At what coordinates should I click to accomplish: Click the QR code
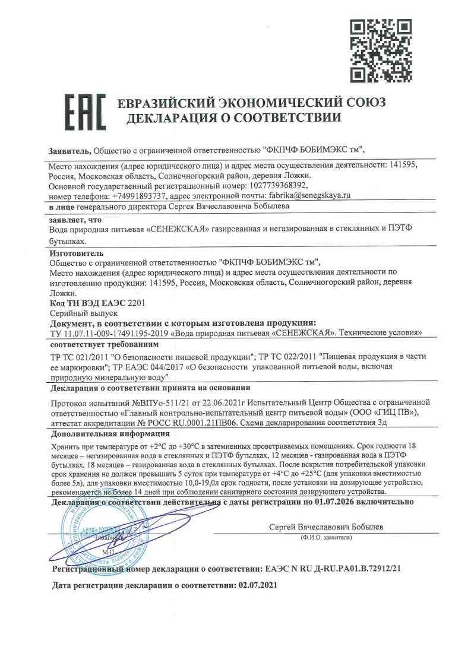click(379, 52)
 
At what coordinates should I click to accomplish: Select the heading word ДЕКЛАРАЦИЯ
click(169, 118)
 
